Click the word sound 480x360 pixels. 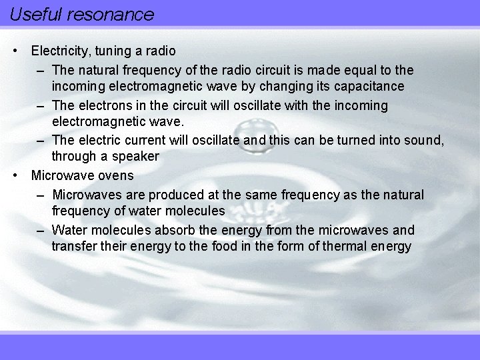[425, 140]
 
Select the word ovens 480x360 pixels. [117, 176]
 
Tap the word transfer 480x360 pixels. [72, 247]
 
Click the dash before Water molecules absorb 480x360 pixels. [41, 231]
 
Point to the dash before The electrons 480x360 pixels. [41, 105]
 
